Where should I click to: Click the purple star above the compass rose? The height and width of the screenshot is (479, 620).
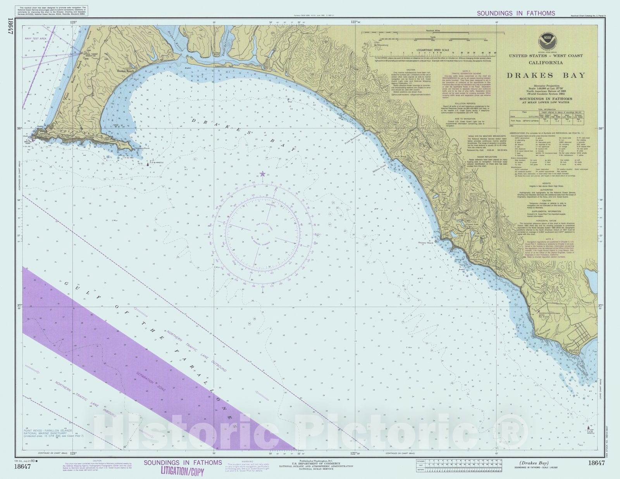click(x=263, y=174)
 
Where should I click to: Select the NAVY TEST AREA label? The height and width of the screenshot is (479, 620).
click(x=35, y=39)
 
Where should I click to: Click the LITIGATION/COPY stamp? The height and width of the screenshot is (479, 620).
click(x=182, y=472)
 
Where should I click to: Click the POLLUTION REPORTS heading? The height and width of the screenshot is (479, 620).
click(x=465, y=104)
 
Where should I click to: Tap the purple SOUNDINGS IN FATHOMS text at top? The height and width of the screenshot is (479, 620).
click(x=516, y=13)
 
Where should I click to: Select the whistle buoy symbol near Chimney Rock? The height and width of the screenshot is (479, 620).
click(x=148, y=164)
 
